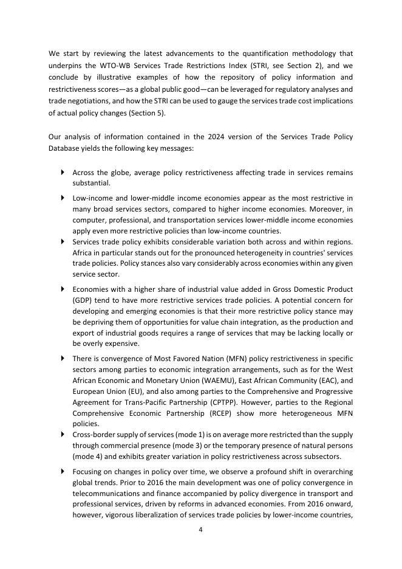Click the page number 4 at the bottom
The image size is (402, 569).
click(x=200, y=529)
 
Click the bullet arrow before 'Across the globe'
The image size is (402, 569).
click(x=63, y=173)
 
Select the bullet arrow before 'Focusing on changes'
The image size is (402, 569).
click(x=63, y=472)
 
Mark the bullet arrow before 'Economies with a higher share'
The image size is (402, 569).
click(x=63, y=289)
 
